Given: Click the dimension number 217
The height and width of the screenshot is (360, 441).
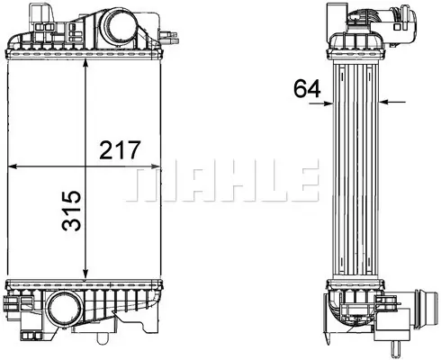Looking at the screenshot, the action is pyautogui.click(x=120, y=149).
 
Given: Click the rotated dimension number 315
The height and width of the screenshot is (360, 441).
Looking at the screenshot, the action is pyautogui.click(x=71, y=211).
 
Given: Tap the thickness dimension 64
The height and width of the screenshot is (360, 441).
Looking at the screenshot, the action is pyautogui.click(x=307, y=88).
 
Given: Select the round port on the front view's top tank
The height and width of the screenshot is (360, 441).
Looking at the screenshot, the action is pyautogui.click(x=120, y=27).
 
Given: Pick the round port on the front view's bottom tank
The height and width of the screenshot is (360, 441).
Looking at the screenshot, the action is pyautogui.click(x=66, y=309).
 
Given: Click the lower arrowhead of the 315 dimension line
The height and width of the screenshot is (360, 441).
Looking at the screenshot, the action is pyautogui.click(x=85, y=274).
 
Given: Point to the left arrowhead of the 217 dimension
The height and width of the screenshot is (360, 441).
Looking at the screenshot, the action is pyautogui.click(x=13, y=166).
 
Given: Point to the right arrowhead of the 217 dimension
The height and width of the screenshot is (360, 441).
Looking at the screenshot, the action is pyautogui.click(x=155, y=166).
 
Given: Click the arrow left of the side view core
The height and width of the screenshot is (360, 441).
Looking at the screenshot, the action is pyautogui.click(x=321, y=103).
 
